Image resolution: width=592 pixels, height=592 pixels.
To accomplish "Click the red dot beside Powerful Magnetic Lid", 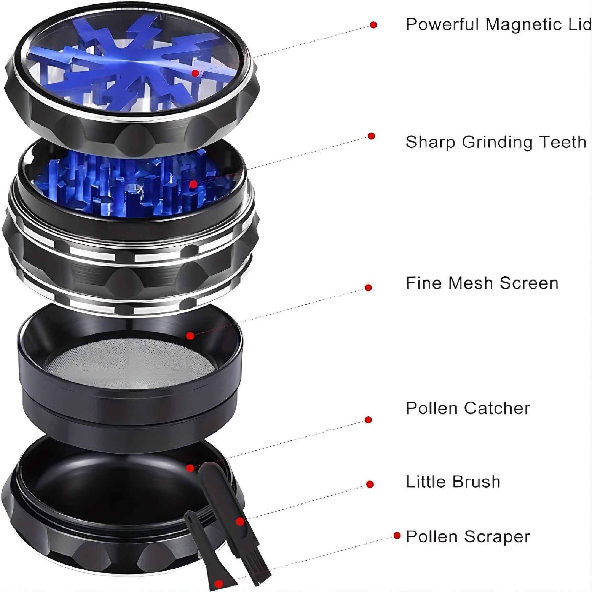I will [373, 25].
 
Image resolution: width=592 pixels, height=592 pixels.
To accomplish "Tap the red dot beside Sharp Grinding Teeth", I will [371, 136].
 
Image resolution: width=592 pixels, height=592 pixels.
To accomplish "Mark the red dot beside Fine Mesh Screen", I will [368, 288].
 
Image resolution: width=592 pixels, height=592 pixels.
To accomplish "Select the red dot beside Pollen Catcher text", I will [368, 420].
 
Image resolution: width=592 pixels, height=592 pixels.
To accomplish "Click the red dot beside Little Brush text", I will [370, 484].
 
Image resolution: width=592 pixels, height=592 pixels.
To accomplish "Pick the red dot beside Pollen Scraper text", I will [397, 535].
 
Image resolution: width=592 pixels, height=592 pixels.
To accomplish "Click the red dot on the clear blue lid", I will [195, 73].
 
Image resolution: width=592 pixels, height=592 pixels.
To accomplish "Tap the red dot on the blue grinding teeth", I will [193, 184].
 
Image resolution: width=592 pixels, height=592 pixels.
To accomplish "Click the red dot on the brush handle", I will [240, 522].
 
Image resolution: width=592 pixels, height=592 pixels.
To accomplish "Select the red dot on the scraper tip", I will [217, 584].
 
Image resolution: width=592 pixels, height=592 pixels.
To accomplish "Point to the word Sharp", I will [431, 142].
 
